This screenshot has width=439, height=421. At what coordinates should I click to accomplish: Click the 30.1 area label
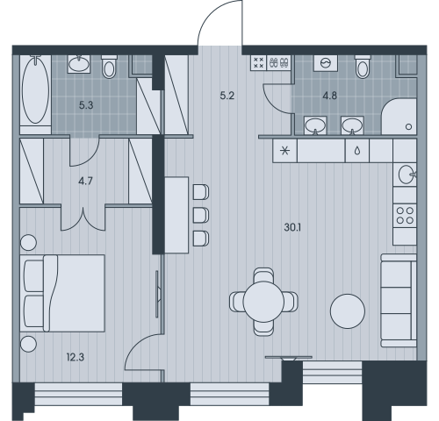pyautogui.click(x=292, y=227)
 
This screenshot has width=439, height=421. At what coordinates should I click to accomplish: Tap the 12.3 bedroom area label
pyautogui.click(x=76, y=357)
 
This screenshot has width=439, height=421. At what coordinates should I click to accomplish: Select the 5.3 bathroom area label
pyautogui.click(x=86, y=105)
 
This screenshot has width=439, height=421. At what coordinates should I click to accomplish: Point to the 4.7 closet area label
pyautogui.click(x=85, y=182)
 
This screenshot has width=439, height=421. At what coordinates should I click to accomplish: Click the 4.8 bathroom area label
pyautogui.click(x=330, y=96)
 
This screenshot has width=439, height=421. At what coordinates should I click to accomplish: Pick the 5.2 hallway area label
pyautogui.click(x=227, y=96)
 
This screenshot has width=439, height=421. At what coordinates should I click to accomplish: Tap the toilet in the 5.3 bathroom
pyautogui.click(x=109, y=67)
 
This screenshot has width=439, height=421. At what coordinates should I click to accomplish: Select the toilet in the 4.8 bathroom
pyautogui.click(x=363, y=67)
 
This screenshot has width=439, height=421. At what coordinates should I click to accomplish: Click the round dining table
pyautogui.click(x=263, y=302)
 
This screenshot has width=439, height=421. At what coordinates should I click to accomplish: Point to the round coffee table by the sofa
pyautogui.click(x=348, y=311)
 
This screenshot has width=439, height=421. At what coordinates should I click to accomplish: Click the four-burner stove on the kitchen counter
pyautogui.click(x=405, y=215)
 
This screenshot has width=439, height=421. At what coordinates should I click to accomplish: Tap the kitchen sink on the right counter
pyautogui.click(x=405, y=175)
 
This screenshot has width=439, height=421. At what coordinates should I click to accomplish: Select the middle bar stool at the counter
pyautogui.click(x=201, y=215)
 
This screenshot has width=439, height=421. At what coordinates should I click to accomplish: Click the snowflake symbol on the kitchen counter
pyautogui.click(x=284, y=151)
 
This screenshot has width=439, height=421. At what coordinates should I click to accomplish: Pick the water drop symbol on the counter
pyautogui.click(x=357, y=151)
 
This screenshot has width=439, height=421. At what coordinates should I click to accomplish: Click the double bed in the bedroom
pyautogui.click(x=62, y=293)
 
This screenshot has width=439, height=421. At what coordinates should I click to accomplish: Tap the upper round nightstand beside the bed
pyautogui.click(x=28, y=242)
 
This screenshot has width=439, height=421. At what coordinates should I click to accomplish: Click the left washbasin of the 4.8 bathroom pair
pyautogui.click(x=315, y=125)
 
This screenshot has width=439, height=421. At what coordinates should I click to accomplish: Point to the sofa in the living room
pyautogui.click(x=399, y=301)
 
